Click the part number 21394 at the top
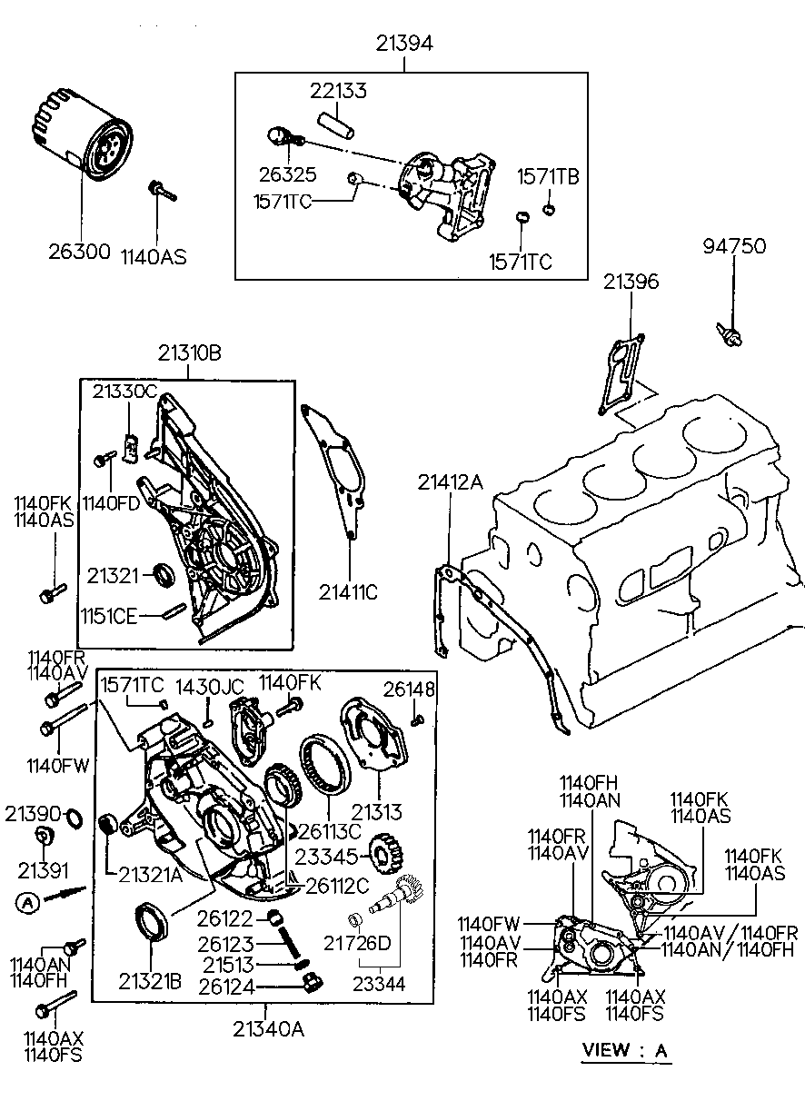[404, 44]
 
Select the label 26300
[79, 252]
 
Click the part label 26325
[288, 174]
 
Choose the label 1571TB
[548, 177]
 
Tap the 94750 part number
[734, 246]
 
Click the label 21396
[631, 282]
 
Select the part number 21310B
[189, 352]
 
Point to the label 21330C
[124, 392]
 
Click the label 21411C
[348, 592]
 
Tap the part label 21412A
[450, 482]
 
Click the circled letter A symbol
[27, 902]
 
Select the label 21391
[43, 871]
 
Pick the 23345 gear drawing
[386, 855]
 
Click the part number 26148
[409, 689]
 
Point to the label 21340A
[269, 1028]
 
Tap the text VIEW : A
[625, 1050]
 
